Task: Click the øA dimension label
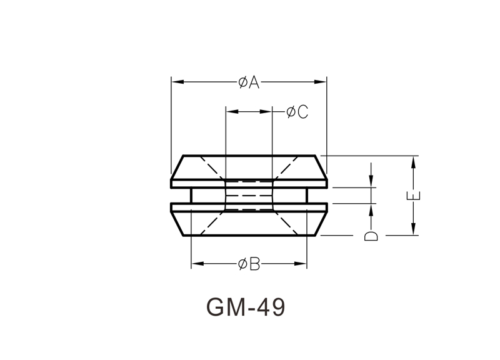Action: (249, 82)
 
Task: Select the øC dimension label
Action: (297, 112)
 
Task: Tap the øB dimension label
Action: (249, 264)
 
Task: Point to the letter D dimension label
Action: (371, 236)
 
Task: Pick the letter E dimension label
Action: (414, 195)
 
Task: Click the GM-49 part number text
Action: (245, 307)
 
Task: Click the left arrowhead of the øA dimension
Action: (176, 82)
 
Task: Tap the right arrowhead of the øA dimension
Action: (321, 82)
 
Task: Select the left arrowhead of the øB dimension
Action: (196, 264)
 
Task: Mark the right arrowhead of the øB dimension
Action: (302, 264)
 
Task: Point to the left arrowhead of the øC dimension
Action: (231, 112)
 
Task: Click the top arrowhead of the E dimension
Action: (413, 161)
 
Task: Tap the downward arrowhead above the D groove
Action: (371, 182)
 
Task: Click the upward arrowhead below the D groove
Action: (371, 208)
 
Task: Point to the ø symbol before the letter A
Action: (242, 82)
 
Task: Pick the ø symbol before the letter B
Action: (242, 264)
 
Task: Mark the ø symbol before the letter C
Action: (291, 112)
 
